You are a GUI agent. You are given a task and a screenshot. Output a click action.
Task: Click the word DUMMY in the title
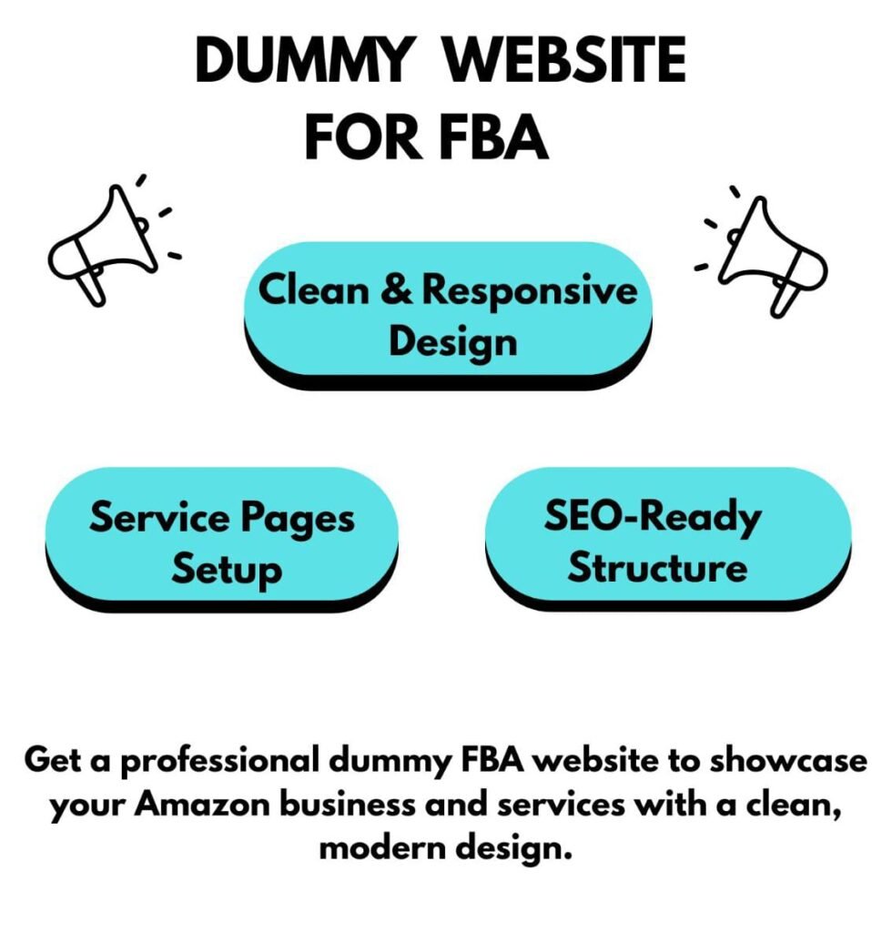(303, 59)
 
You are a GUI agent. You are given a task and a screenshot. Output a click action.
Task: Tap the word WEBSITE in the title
(566, 59)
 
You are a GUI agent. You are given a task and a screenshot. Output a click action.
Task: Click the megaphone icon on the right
(762, 252)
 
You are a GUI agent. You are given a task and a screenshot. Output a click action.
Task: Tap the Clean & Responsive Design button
(448, 315)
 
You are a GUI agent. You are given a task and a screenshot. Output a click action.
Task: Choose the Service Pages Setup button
(222, 539)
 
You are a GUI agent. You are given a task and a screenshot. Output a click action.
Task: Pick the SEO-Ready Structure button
(667, 539)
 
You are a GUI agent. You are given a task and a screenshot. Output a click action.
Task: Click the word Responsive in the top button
(530, 291)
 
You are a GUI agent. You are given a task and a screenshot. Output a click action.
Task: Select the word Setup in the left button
(227, 569)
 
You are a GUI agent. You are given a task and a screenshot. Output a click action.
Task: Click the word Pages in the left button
(298, 518)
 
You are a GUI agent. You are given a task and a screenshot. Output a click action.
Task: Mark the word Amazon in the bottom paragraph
(202, 805)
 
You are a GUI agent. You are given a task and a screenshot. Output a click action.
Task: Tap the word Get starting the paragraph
(52, 760)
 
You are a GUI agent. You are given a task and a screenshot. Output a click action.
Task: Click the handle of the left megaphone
(92, 287)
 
